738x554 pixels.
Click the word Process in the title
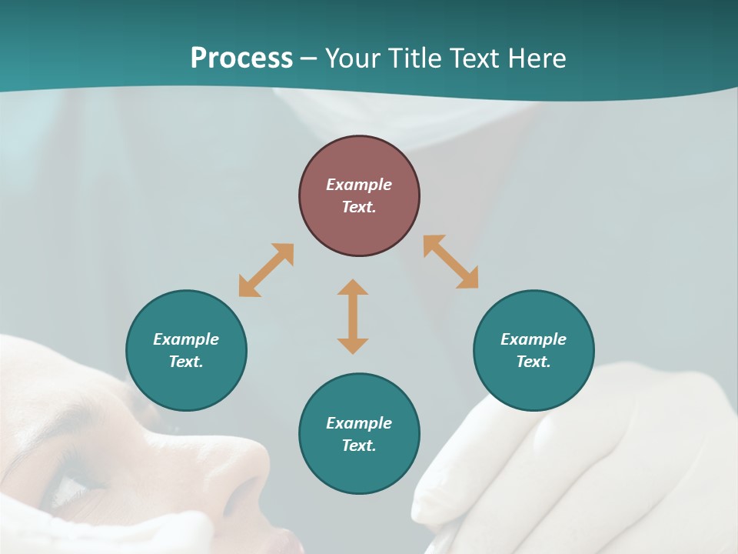pyautogui.click(x=241, y=58)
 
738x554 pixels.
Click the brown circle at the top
pyautogui.click(x=359, y=195)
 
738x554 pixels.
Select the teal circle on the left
pyautogui.click(x=186, y=350)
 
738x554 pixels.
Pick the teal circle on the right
pyautogui.click(x=534, y=350)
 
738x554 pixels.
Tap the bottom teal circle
pyautogui.click(x=359, y=433)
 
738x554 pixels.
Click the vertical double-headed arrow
pyautogui.click(x=353, y=316)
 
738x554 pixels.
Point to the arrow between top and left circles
pyautogui.click(x=266, y=270)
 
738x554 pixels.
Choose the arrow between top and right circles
pyautogui.click(x=451, y=262)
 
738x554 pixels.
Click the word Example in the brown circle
pyautogui.click(x=359, y=185)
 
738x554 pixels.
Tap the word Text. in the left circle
pyautogui.click(x=186, y=362)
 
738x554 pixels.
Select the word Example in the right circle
pyautogui.click(x=534, y=339)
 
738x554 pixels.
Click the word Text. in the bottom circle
pyautogui.click(x=359, y=446)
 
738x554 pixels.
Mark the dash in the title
pyautogui.click(x=309, y=58)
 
